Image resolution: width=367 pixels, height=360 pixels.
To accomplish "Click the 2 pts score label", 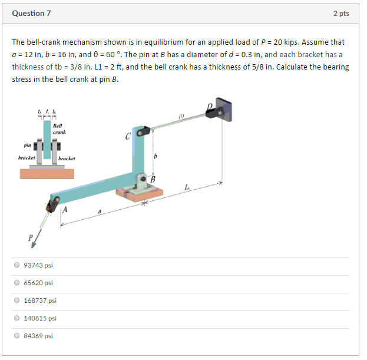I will point(340,14).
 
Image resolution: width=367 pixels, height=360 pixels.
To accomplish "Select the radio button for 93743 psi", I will point(16,265).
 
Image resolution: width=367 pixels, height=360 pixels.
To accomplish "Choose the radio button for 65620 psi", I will point(16,283).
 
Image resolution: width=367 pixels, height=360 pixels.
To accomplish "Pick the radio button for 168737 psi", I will point(16,300).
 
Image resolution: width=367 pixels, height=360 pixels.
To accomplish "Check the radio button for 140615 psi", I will point(16,318).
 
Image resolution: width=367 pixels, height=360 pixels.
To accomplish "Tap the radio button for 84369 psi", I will point(16,336).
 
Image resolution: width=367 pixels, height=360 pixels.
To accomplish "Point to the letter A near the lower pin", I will point(65,209).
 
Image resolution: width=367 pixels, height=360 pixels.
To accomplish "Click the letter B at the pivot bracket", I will point(153,179).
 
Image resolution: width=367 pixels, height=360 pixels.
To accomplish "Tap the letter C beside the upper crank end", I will point(128,137).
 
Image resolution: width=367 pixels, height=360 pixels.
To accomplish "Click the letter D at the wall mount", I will point(209,107).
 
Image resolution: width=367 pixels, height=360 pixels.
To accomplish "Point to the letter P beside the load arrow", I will point(29,238).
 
